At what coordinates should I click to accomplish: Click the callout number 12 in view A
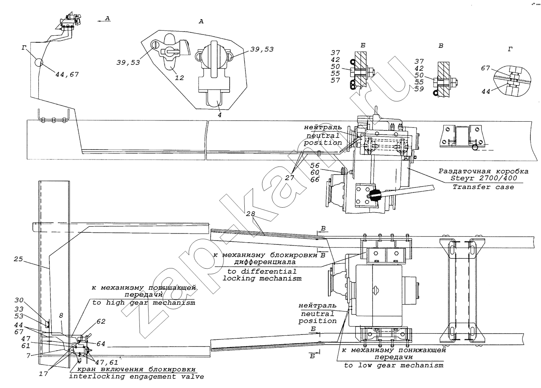click(x=179, y=78)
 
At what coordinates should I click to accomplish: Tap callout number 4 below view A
click(x=220, y=115)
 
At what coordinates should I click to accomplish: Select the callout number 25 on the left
click(x=18, y=259)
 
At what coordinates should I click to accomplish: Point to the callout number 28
click(x=251, y=214)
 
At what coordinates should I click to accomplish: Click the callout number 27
click(x=289, y=178)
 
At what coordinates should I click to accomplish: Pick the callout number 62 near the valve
click(x=101, y=322)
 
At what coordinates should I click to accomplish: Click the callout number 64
click(x=101, y=344)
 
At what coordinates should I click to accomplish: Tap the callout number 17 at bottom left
click(x=43, y=374)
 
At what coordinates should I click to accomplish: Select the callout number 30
click(x=19, y=300)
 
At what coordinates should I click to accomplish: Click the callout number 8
click(x=61, y=316)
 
